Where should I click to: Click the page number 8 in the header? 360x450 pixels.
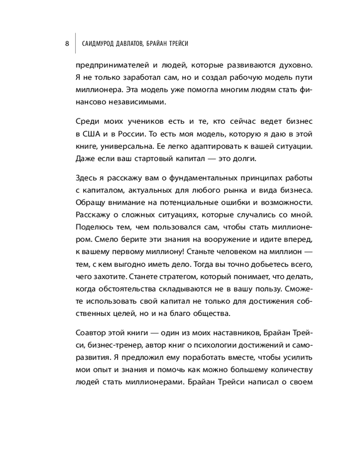[x=67, y=44]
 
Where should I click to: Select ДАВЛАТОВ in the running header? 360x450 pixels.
[x=133, y=44]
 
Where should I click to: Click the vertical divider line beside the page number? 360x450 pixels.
[x=75, y=44]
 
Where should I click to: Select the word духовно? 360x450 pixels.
[x=296, y=64]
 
